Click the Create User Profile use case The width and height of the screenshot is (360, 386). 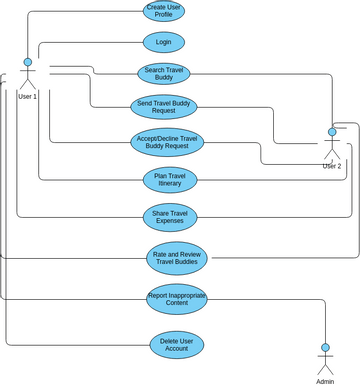[x=163, y=12]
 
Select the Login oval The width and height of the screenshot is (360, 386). [x=163, y=42]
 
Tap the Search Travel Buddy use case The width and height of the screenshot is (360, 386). [x=163, y=73]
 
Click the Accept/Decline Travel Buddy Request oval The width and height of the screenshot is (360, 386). [x=168, y=141]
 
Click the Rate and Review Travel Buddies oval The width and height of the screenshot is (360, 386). [x=178, y=258]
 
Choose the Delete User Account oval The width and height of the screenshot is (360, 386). [x=177, y=345]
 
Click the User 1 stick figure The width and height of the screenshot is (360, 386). [x=28, y=76]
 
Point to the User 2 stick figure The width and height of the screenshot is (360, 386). [x=332, y=146]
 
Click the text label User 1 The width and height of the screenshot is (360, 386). [x=28, y=96]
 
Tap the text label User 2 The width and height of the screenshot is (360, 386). [x=332, y=166]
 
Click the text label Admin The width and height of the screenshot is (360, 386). [x=325, y=381]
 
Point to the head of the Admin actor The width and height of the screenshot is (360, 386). [x=324, y=348]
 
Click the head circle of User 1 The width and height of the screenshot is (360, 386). [x=28, y=63]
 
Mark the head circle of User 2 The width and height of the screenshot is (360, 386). [x=332, y=132]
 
